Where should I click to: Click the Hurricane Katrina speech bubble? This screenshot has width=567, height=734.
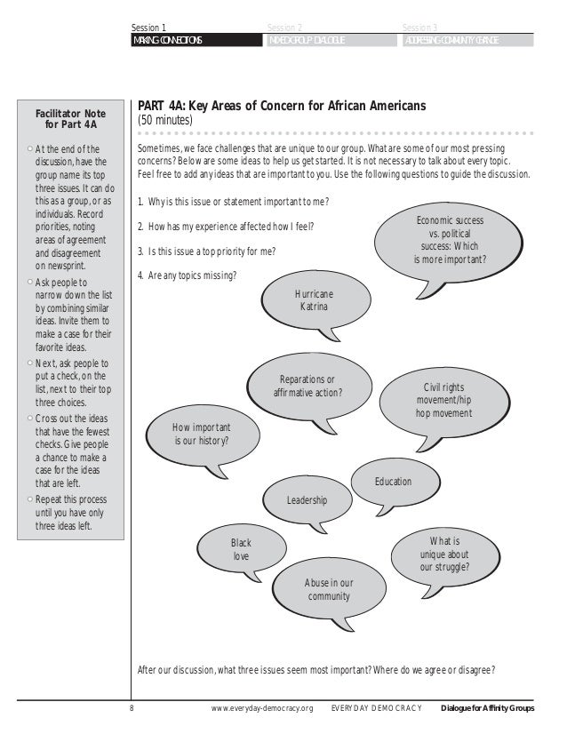pyautogui.click(x=313, y=299)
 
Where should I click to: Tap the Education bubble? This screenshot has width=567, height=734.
pyautogui.click(x=393, y=482)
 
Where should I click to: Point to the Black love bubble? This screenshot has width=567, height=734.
pyautogui.click(x=241, y=548)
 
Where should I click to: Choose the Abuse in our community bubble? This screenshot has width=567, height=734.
pyautogui.click(x=329, y=589)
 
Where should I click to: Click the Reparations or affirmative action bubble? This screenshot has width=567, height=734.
pyautogui.click(x=307, y=386)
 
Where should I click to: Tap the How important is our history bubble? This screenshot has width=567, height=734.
pyautogui.click(x=202, y=434)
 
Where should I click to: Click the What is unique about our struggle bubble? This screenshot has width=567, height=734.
pyautogui.click(x=444, y=553)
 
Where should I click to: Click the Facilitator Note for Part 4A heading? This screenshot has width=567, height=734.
pyautogui.click(x=69, y=119)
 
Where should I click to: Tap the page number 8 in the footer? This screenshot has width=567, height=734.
pyautogui.click(x=132, y=707)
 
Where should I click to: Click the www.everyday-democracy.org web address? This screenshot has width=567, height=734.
pyautogui.click(x=263, y=707)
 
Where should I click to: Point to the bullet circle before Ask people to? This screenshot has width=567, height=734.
pyautogui.click(x=30, y=282)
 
